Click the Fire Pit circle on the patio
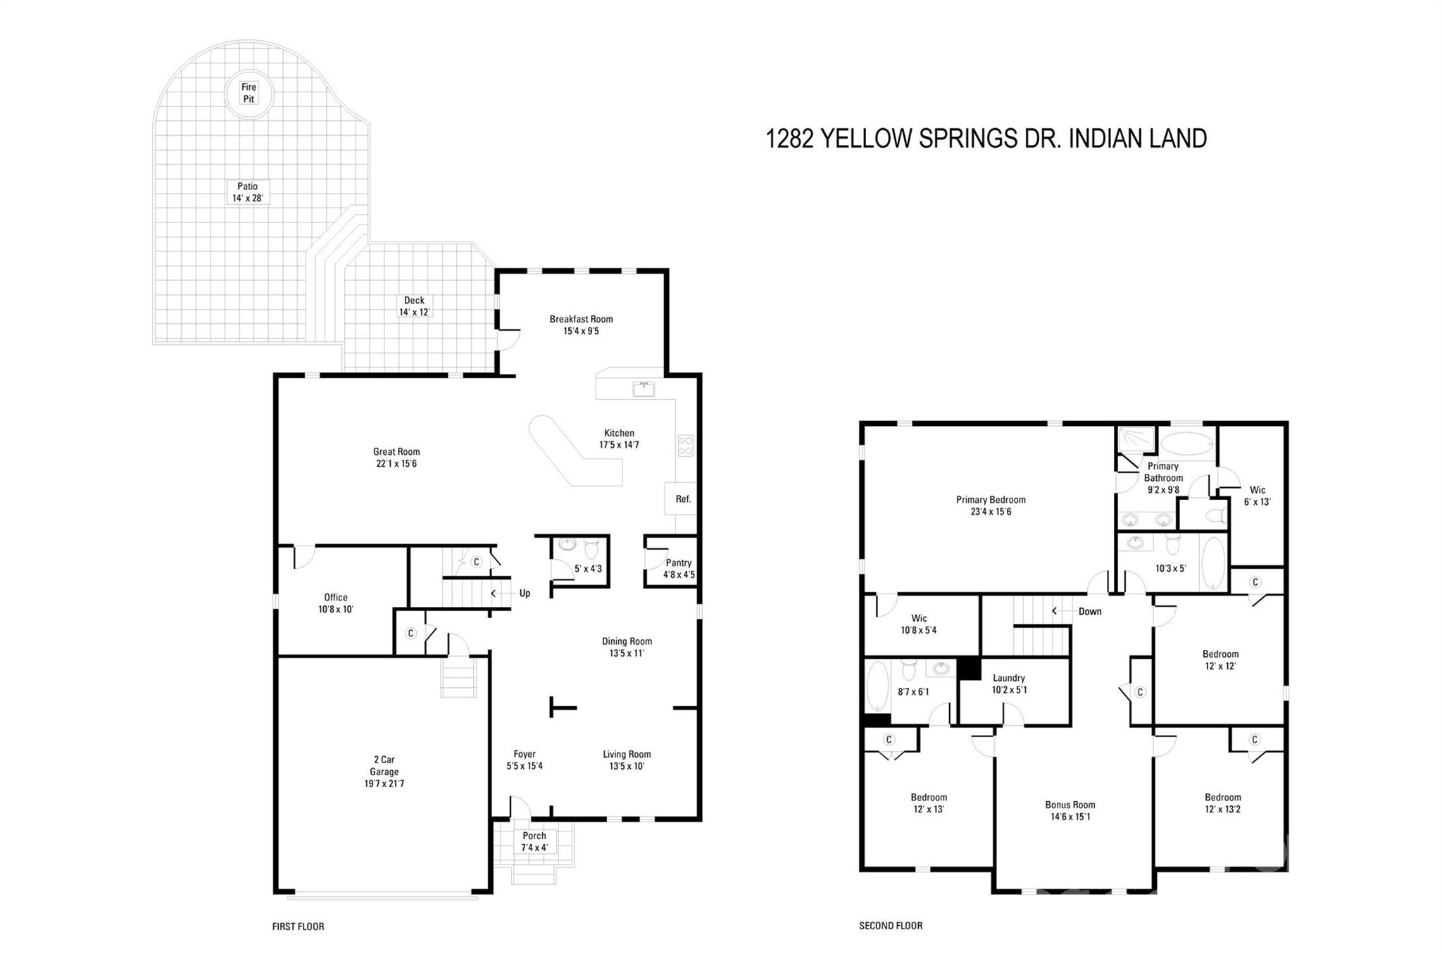pos(249,93)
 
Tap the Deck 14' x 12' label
pos(414,306)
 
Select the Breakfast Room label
pos(581,319)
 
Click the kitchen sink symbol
pos(644,389)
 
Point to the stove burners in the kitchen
pos(685,445)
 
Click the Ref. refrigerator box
pos(682,498)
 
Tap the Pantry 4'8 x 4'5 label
pos(678,568)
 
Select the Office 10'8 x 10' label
pos(335,603)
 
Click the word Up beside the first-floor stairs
pos(525,593)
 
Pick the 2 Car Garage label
pos(384,771)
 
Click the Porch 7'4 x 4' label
pos(534,841)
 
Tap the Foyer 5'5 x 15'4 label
pos(525,760)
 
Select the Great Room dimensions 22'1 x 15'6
pos(396,464)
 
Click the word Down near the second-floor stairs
pos(1089,611)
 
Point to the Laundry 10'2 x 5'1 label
pos(1009,684)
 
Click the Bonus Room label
pos(1070,805)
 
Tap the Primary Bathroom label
pos(1162,472)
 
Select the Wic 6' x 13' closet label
pos(1257,496)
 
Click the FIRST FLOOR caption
pos(298,927)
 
